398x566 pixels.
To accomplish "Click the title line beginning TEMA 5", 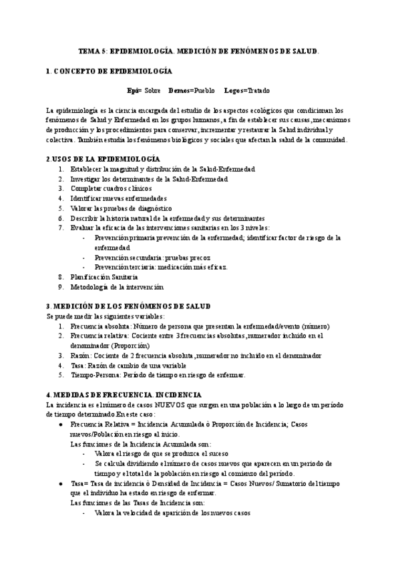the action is click(199, 51).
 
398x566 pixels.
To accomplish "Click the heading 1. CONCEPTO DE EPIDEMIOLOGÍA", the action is click(109, 71).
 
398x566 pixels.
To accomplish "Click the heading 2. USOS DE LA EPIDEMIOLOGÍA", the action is click(103, 159).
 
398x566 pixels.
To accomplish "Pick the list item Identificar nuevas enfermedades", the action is click(118, 198).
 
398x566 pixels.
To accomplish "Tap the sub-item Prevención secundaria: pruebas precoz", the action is click(152, 257).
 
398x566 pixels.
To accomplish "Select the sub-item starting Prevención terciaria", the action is click(161, 267).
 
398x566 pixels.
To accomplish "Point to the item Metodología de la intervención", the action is click(116, 286).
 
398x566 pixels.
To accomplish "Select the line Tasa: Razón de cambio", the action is click(126, 365).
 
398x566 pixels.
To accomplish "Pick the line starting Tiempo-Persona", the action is click(158, 375).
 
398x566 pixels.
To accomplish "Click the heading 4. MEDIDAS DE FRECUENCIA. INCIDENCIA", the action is click(124, 395).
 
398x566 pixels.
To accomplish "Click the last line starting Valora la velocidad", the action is click(172, 513).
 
